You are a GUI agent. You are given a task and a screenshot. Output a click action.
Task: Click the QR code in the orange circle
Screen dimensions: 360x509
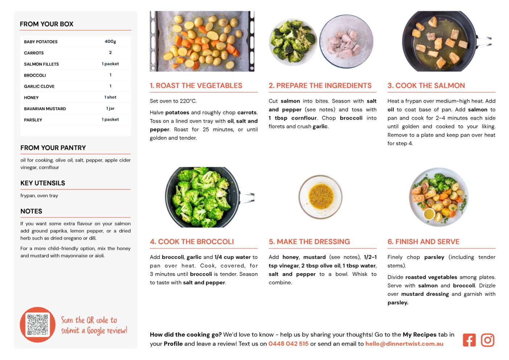37,325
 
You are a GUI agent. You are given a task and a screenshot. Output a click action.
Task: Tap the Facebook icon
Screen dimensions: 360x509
469,340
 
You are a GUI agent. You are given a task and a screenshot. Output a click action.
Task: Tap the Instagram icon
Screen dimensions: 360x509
488,340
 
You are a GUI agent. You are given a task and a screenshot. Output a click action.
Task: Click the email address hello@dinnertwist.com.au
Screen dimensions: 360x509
404,344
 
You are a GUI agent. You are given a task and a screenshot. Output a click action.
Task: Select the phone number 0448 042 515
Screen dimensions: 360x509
288,344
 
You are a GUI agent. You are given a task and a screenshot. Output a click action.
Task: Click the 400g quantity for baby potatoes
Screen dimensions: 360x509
110,41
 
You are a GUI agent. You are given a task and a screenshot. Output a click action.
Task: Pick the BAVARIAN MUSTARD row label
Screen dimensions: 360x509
45,109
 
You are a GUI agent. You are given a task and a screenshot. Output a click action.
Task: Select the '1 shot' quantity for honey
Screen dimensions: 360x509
110,97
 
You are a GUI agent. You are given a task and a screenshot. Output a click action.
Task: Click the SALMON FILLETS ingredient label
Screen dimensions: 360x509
41,64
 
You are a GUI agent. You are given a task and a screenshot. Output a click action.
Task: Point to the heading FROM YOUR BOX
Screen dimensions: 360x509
46,24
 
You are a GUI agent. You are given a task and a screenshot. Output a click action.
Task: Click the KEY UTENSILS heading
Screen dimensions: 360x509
43,183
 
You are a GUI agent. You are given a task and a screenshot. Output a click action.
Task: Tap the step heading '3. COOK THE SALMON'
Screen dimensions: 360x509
426,86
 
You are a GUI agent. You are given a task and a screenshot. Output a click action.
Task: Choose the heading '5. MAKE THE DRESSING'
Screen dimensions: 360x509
309,242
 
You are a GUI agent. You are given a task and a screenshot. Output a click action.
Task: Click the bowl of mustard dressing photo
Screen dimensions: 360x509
321,197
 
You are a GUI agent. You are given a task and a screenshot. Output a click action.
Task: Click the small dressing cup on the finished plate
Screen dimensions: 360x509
429,214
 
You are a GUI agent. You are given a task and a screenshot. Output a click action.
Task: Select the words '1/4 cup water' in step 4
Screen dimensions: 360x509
233,257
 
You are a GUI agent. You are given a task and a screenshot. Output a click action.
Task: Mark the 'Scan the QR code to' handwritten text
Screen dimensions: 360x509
89,320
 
